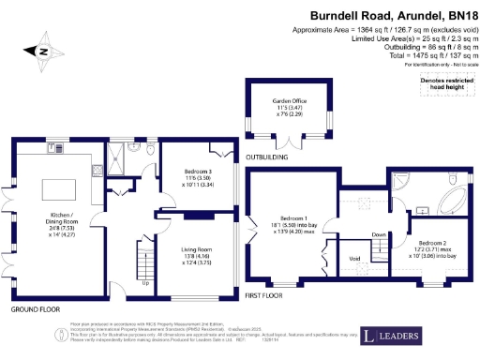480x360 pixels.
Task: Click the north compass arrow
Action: point(42,52)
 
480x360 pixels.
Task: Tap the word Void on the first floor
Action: point(353,259)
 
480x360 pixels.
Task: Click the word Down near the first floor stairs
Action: point(378,234)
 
